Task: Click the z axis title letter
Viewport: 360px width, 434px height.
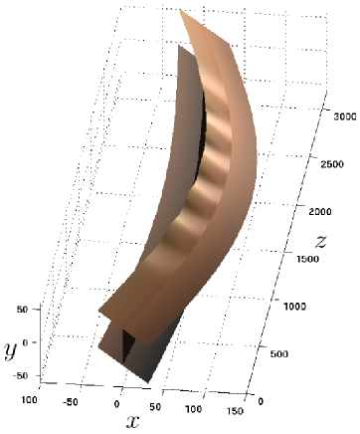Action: [321, 241]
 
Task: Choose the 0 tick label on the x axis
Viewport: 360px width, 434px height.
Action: [117, 404]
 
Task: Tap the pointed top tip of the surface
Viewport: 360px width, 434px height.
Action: [183, 12]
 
